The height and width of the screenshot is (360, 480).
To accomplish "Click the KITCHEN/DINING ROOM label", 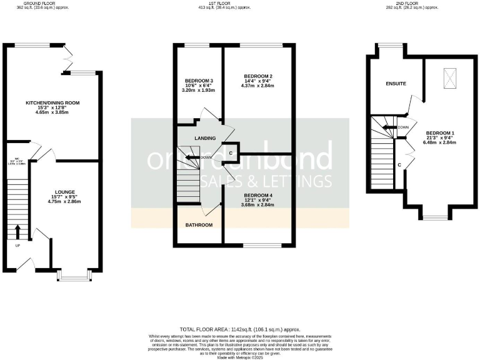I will coord(52,102).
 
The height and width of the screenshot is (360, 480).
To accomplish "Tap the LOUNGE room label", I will coord(65,192).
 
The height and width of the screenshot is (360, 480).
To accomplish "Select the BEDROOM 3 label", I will coord(199,81).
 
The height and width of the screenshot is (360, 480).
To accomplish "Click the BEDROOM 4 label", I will coord(257,195).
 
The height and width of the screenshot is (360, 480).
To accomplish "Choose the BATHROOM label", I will coord(199,225).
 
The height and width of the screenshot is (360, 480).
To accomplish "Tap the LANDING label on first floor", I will coord(205,138).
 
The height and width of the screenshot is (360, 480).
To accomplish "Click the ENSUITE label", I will coord(396,83).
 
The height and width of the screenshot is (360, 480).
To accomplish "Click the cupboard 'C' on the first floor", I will coord(231,153).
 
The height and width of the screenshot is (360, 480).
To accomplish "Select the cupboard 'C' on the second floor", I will coord(399,165).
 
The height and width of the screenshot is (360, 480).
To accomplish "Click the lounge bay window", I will coord(74,274).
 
